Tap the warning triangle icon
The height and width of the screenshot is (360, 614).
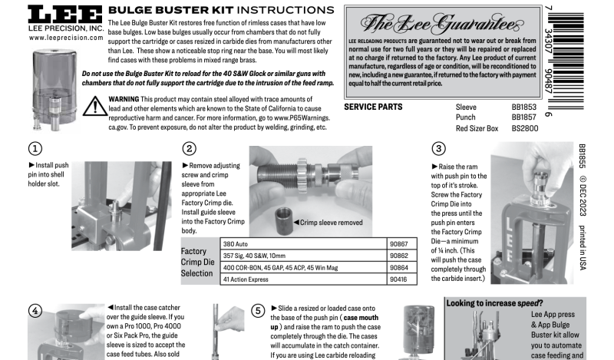click(96, 107)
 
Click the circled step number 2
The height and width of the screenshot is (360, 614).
click(190, 149)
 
